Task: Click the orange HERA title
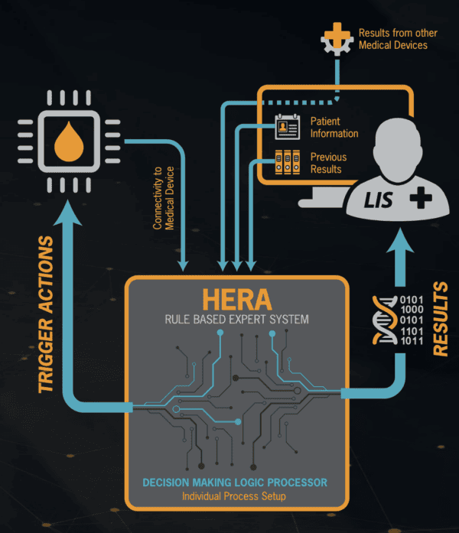[237, 300]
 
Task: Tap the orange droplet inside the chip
[69, 143]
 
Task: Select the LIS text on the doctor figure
[378, 200]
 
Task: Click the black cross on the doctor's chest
[421, 197]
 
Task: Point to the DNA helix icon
[385, 320]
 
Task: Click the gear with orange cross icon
[337, 39]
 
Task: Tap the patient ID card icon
[288, 127]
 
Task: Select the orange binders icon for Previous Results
[288, 162]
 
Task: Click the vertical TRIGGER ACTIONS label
[46, 314]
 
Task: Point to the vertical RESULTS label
[441, 319]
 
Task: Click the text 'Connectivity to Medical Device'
[164, 198]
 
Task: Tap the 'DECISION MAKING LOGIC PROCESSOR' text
[235, 483]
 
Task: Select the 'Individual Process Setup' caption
[234, 496]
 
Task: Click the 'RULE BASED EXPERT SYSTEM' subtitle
[237, 320]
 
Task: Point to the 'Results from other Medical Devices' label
[398, 39]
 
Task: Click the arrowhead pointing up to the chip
[67, 213]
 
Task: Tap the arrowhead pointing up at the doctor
[400, 241]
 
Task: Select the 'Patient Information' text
[334, 127]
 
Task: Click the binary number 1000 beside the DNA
[412, 310]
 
